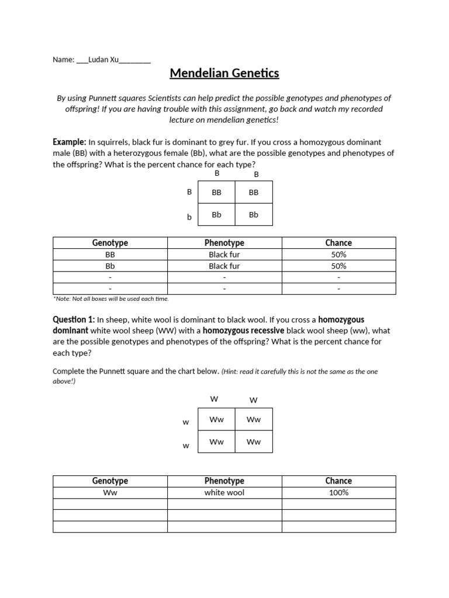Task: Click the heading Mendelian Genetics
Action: [224, 74]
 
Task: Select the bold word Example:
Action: [70, 142]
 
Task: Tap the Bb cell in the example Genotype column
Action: [110, 266]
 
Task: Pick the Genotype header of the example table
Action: [110, 243]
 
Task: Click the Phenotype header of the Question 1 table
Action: [224, 481]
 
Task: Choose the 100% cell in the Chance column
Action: [339, 493]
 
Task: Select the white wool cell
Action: [224, 493]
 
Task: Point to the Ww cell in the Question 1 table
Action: [110, 493]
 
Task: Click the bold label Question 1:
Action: [74, 319]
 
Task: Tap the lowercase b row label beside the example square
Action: [189, 217]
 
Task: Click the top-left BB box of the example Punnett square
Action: [216, 192]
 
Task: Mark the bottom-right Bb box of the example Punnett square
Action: [253, 214]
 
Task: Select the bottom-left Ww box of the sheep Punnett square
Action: [216, 441]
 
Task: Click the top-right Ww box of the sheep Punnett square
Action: [253, 419]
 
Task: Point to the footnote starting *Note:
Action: [110, 299]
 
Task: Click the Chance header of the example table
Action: [339, 243]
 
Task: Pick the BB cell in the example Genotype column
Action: [110, 255]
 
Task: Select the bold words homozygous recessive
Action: [244, 331]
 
